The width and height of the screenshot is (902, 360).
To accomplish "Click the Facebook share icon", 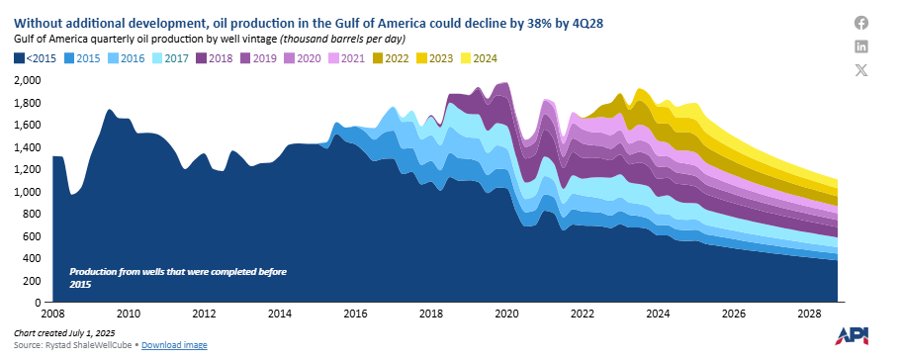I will click(x=861, y=23).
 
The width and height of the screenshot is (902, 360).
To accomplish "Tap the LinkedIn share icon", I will click(x=861, y=46).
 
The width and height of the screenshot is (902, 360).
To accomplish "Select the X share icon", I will click(x=861, y=70).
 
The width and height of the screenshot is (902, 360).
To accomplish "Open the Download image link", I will click(x=174, y=345).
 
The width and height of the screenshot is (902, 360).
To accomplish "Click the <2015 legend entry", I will click(x=37, y=58).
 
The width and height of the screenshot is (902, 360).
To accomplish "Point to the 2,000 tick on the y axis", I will click(x=27, y=81).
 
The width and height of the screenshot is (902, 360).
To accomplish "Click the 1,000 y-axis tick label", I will click(x=27, y=192).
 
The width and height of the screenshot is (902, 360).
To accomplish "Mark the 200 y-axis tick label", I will click(x=33, y=280).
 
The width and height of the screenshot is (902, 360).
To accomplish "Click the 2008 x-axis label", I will click(x=52, y=314).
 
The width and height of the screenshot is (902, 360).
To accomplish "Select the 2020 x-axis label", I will click(x=506, y=314).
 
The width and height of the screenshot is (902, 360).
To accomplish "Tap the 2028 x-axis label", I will click(x=809, y=314).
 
